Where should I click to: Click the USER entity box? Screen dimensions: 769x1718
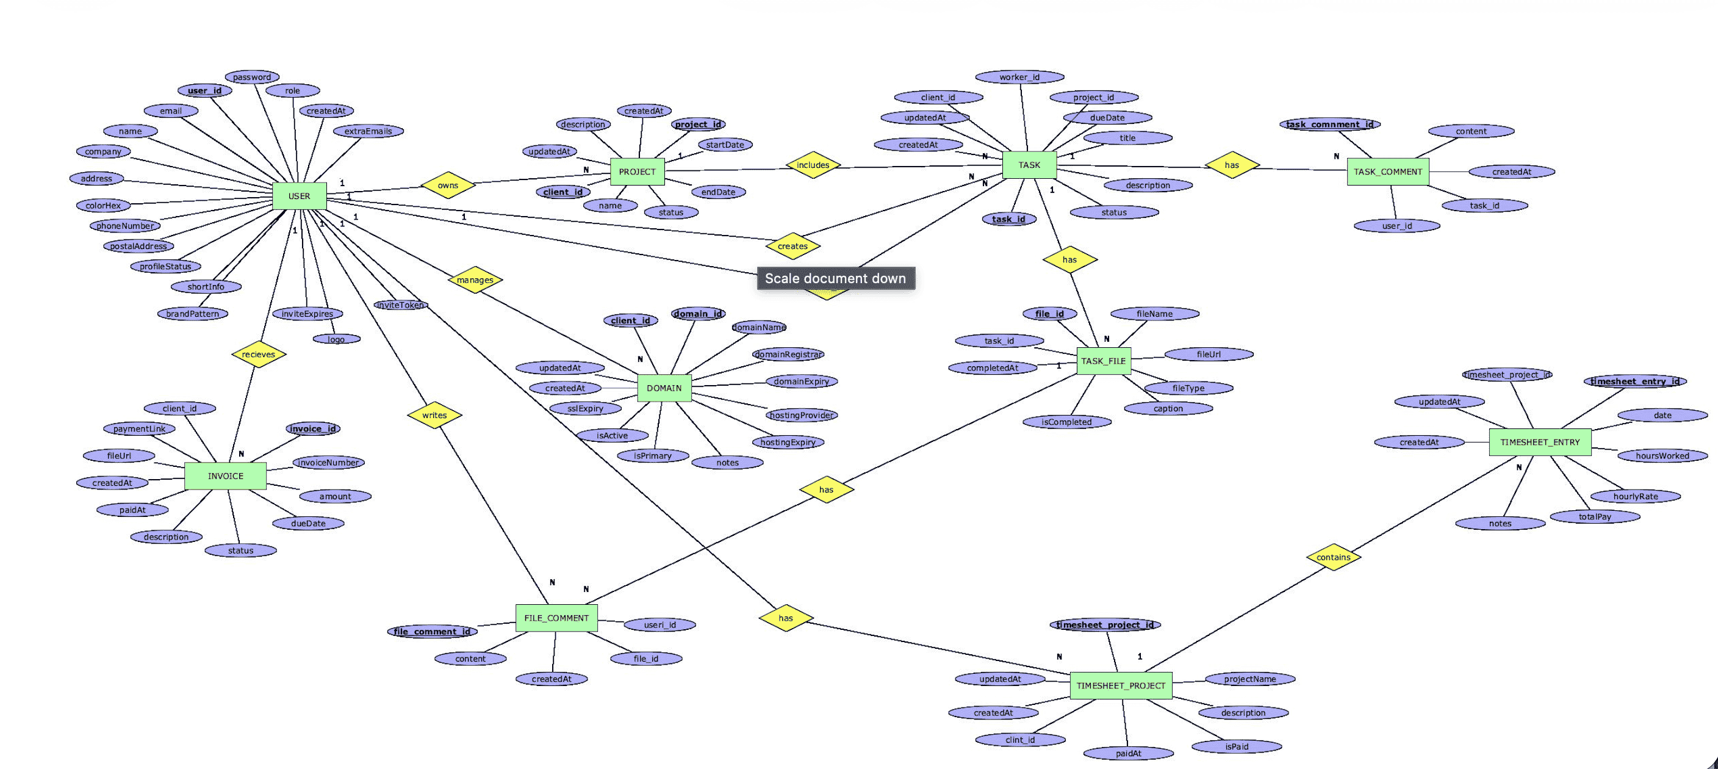point(299,196)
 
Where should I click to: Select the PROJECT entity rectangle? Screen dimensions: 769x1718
point(637,171)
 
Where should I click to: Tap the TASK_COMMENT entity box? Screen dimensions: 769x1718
point(1387,171)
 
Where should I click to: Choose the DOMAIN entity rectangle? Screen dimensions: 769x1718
point(664,388)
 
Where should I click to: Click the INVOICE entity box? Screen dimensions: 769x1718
point(225,476)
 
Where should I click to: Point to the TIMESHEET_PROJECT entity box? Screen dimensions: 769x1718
point(1121,685)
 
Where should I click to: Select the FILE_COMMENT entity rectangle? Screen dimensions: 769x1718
point(556,618)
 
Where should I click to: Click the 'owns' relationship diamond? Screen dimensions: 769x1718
point(448,186)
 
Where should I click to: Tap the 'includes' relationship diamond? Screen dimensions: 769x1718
point(812,165)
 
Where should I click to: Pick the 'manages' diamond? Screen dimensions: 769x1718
point(475,280)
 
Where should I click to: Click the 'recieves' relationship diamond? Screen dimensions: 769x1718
point(258,354)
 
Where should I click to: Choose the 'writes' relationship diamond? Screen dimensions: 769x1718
point(434,416)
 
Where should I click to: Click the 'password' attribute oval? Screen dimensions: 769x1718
point(251,78)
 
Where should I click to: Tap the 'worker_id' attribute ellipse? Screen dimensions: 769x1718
point(1019,78)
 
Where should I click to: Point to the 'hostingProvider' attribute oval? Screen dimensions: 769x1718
point(801,416)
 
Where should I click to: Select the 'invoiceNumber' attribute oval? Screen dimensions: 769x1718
point(328,463)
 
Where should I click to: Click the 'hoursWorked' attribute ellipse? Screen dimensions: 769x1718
point(1662,456)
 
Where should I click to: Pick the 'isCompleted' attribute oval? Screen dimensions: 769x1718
point(1066,422)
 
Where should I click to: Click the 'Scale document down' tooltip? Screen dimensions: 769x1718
point(835,279)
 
